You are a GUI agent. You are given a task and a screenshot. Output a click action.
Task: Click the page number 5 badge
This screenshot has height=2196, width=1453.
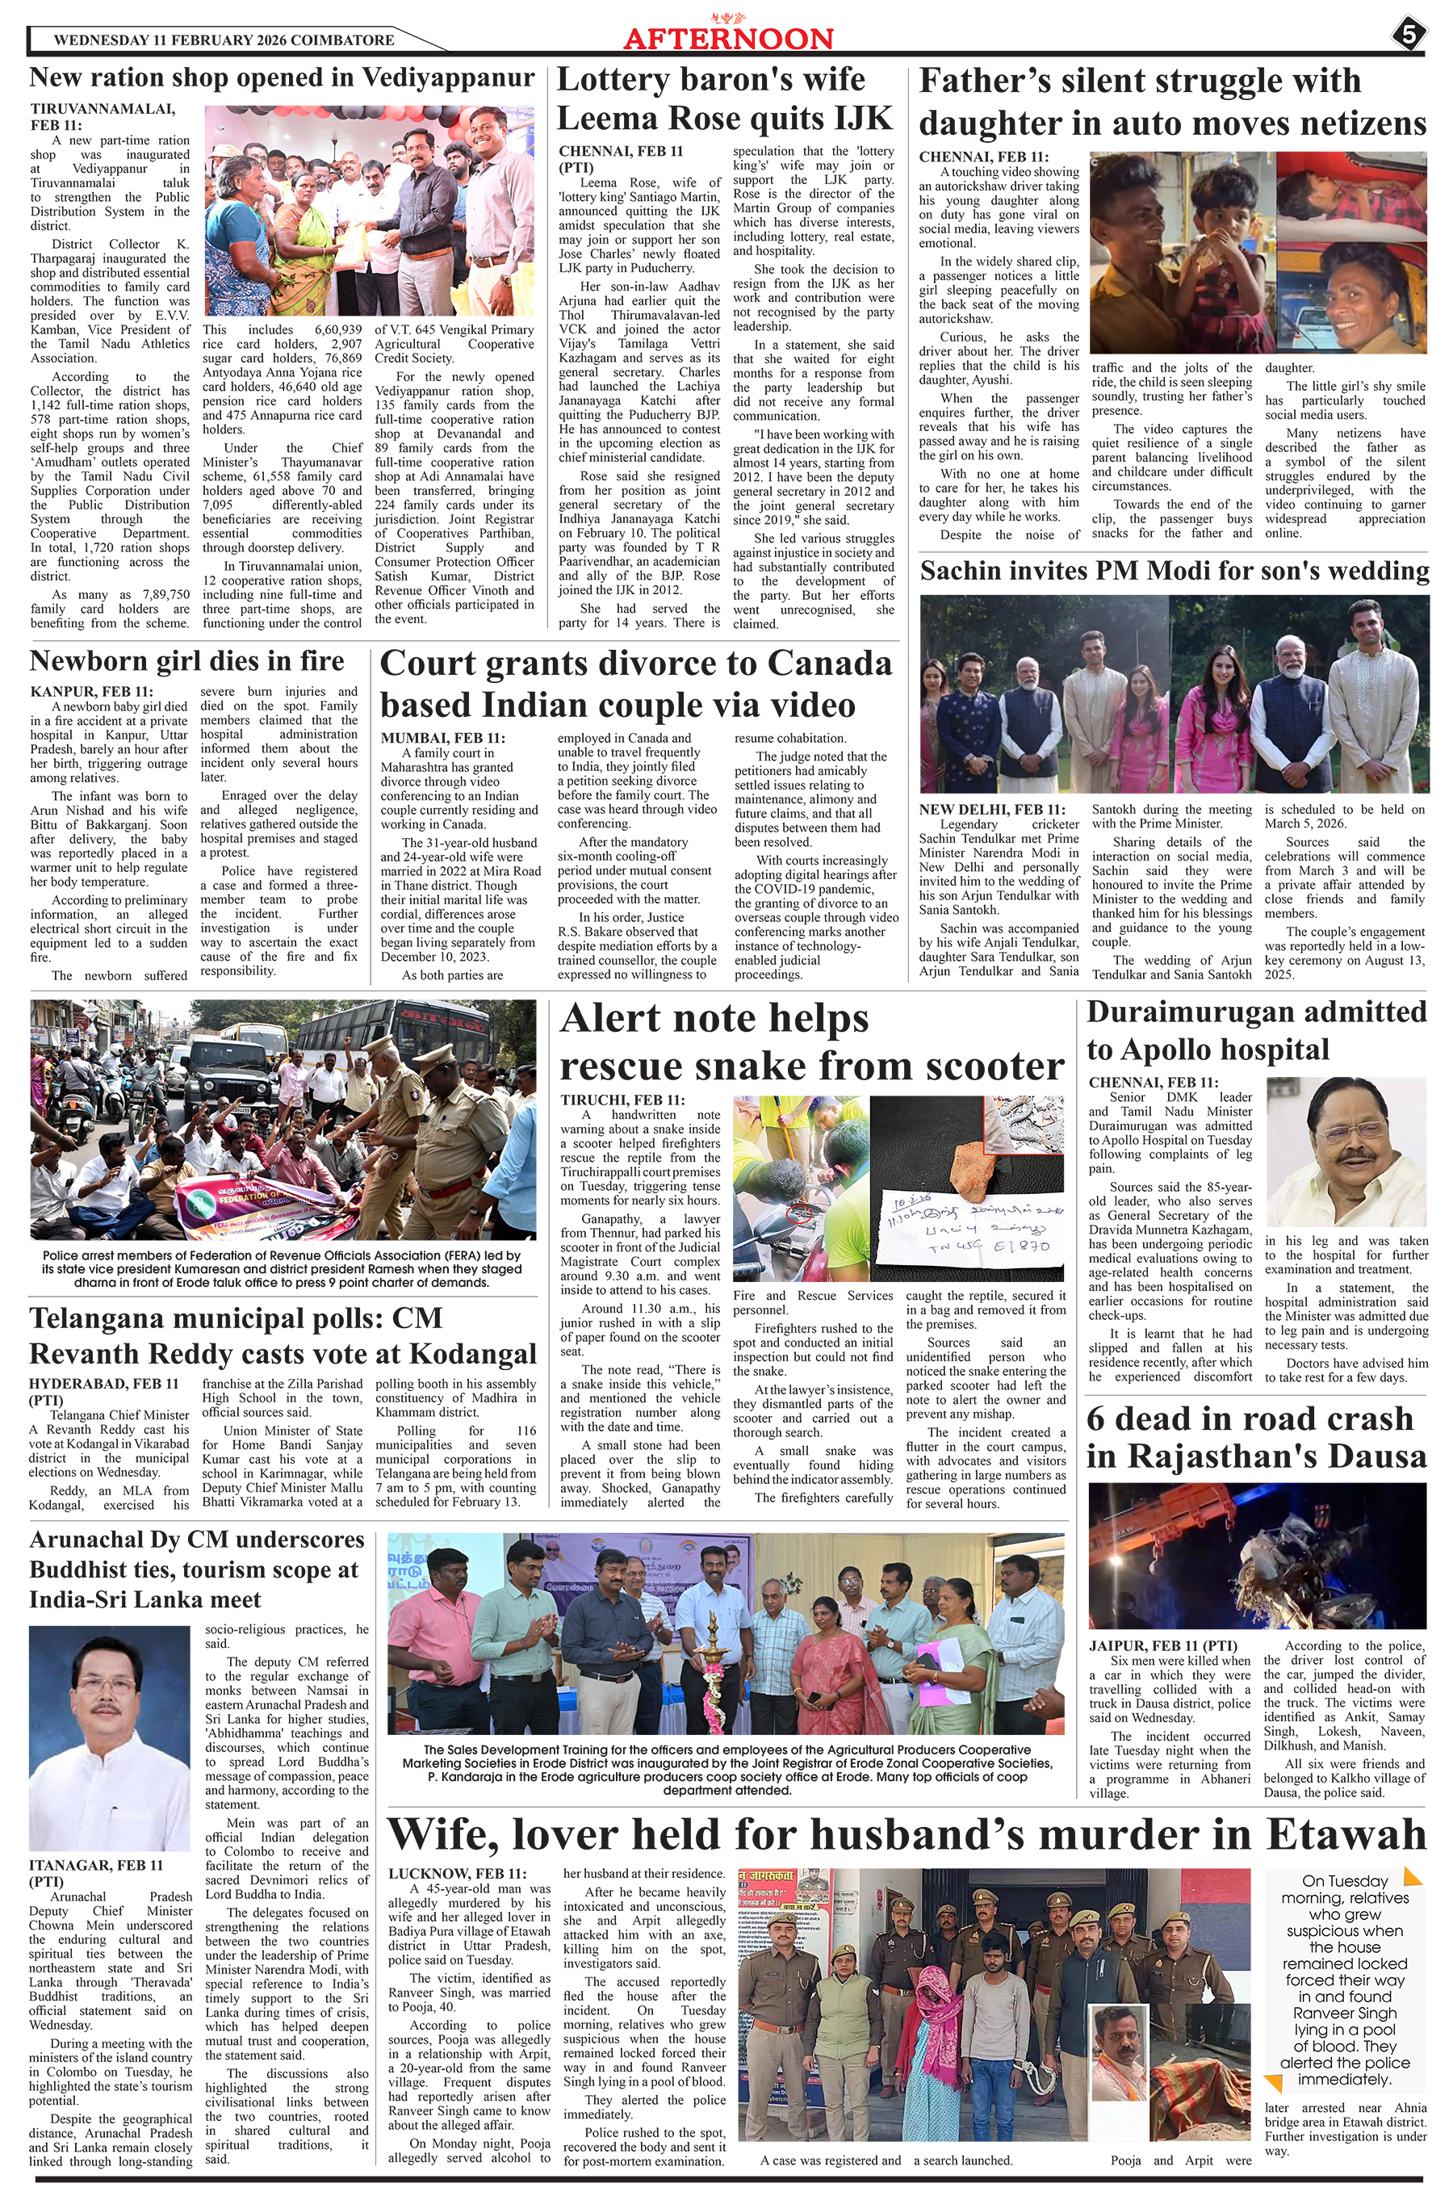[x=1408, y=36]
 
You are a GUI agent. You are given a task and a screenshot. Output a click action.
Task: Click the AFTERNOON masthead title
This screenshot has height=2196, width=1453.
[x=728, y=39]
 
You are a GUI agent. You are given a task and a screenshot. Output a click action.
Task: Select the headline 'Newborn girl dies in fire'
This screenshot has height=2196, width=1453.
[x=187, y=660]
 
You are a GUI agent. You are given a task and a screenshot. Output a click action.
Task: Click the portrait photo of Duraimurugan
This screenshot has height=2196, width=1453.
[x=1346, y=1152]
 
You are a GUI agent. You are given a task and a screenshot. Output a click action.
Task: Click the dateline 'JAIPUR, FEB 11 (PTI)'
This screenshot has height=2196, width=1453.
[x=1163, y=1645]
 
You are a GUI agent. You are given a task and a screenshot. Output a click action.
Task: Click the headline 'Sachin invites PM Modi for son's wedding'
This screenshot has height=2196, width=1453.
[x=1174, y=571]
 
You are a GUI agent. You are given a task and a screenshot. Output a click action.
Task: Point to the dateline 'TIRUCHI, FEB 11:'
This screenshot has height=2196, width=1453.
[x=622, y=1100]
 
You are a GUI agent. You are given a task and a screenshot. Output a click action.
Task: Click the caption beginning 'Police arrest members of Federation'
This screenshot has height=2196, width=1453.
[x=282, y=1268]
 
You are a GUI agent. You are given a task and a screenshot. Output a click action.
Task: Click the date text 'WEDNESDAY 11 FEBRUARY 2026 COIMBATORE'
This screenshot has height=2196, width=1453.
[x=224, y=40]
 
